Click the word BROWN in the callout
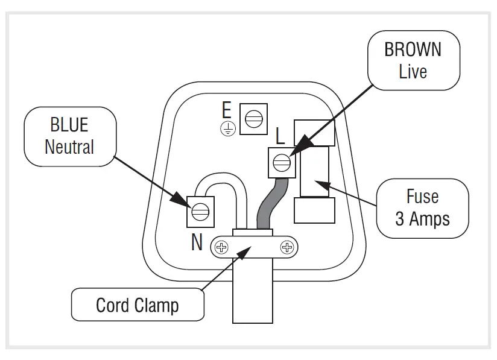point(413,49)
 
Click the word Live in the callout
point(413,71)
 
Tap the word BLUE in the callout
point(69,125)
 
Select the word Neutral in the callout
point(69,147)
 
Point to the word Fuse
point(422,197)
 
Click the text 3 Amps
point(422,218)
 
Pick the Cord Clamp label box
point(138,305)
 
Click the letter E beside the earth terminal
point(227,111)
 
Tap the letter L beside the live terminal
point(280,136)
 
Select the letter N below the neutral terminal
point(197,242)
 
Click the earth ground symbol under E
point(227,127)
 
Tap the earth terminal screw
point(253,119)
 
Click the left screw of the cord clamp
point(222,247)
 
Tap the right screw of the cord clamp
point(286,247)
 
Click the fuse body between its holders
point(314,171)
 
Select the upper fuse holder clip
point(314,132)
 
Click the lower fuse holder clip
point(314,210)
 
